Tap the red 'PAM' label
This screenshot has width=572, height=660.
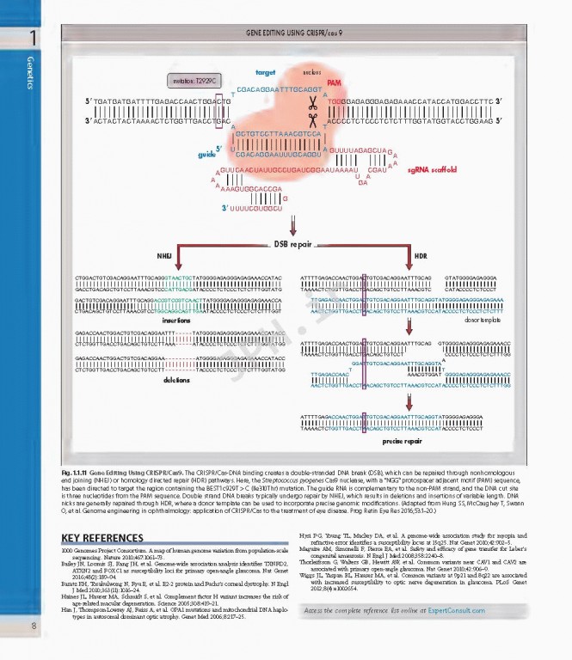335,83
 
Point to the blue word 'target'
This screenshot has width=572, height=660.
265,72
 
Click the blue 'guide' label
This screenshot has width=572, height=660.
206,154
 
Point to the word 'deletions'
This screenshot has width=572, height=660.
177,378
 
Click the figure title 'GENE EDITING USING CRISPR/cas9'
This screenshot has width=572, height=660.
295,32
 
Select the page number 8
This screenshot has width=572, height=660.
32,626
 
